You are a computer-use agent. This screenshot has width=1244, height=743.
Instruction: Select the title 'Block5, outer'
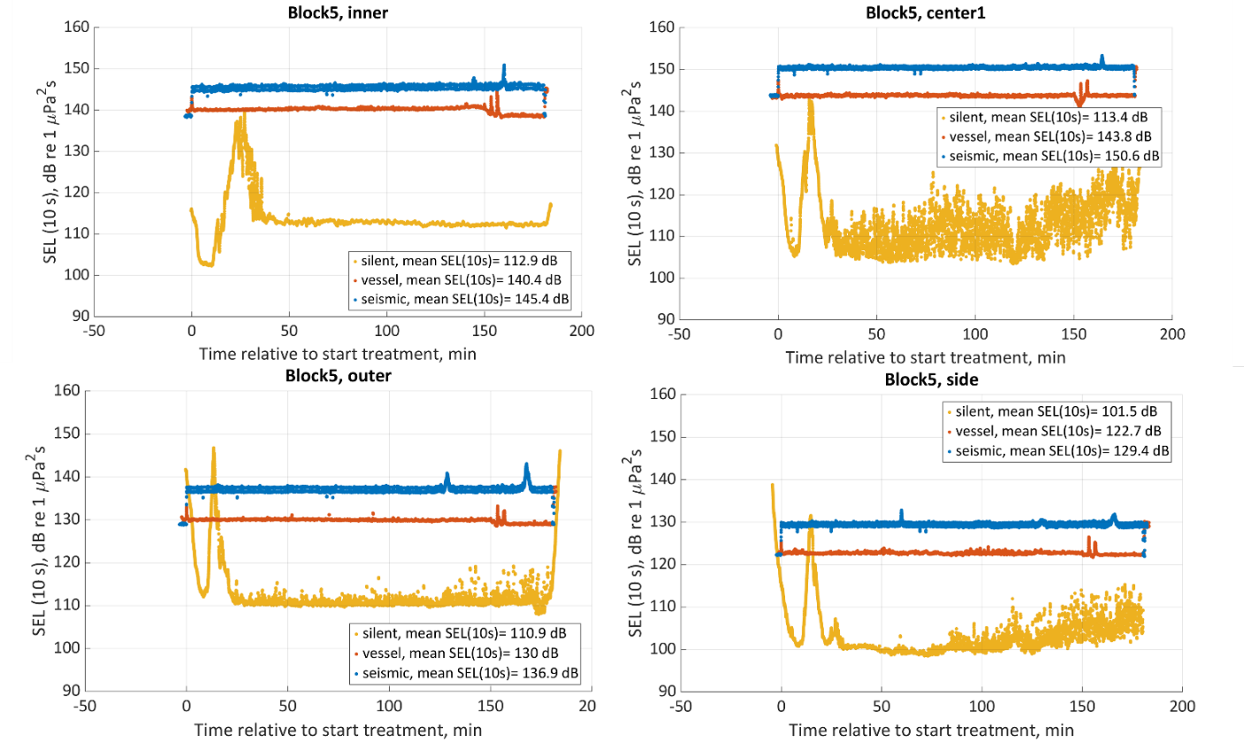(x=339, y=375)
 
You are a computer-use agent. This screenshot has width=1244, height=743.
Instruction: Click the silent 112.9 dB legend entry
(x=460, y=262)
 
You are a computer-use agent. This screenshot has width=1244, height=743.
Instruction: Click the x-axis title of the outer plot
(x=340, y=731)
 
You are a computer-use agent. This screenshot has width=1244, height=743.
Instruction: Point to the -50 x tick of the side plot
(x=680, y=709)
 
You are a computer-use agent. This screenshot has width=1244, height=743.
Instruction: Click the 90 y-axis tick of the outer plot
(x=73, y=691)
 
